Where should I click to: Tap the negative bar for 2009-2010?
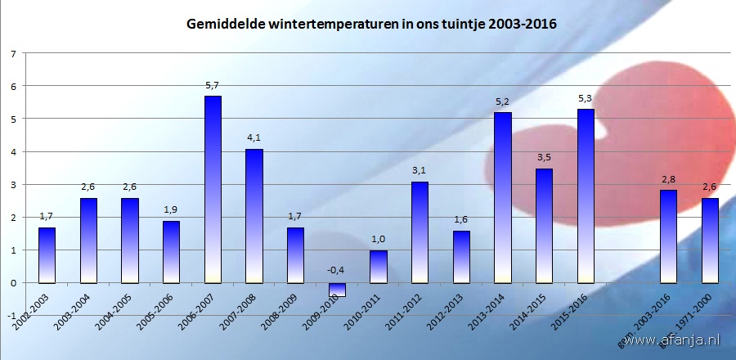(337, 290)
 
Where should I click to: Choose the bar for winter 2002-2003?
(47, 254)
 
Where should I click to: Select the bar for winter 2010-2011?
(378, 266)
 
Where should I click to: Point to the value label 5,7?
(213, 84)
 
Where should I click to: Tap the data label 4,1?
(254, 137)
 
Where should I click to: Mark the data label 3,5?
(544, 157)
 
